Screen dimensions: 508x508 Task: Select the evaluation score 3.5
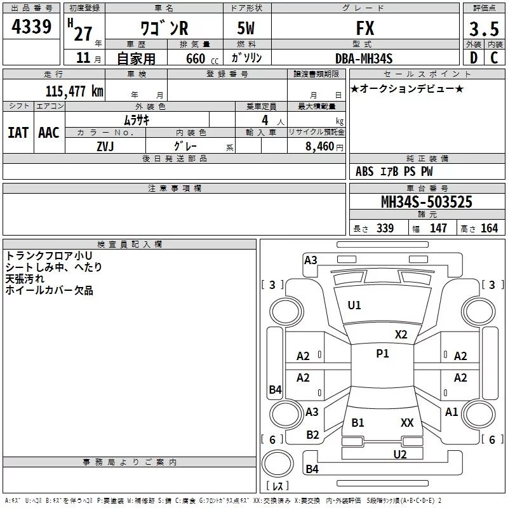point(483,29)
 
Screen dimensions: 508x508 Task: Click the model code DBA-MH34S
point(363,58)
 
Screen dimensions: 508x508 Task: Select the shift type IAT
point(18,132)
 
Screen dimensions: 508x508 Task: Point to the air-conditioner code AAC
point(48,132)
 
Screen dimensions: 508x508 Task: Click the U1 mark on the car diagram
point(354,305)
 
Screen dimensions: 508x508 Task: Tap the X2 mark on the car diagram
point(401,334)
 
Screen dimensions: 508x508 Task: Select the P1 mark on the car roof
point(382,354)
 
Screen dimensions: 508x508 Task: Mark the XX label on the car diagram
point(407,422)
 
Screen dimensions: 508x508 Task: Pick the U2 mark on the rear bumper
point(400,454)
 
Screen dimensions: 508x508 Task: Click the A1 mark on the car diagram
point(451,412)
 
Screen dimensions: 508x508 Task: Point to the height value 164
point(489,229)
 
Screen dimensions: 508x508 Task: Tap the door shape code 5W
point(248,29)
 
